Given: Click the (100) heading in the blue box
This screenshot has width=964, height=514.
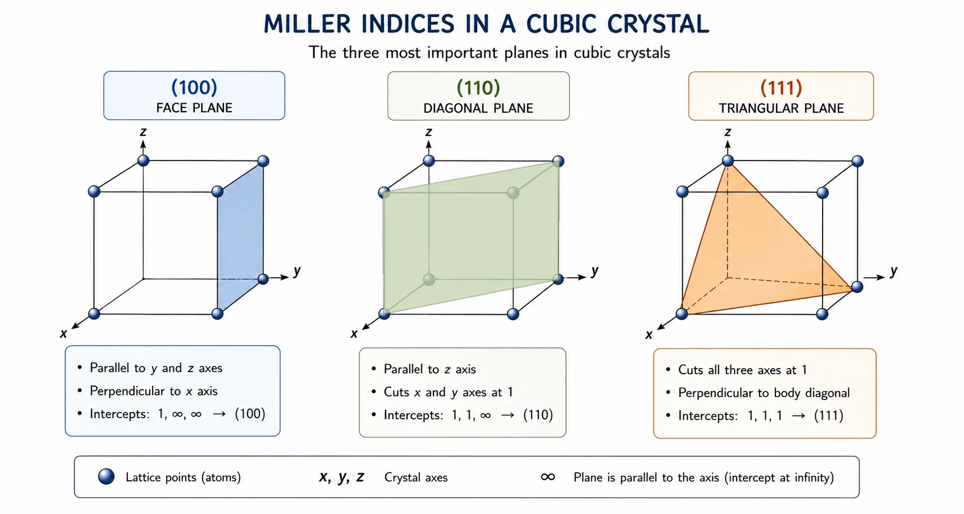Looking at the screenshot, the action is tap(194, 87).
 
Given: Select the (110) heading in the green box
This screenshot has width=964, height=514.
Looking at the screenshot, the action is tap(478, 87).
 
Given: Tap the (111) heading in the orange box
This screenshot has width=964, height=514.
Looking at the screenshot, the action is tap(781, 88).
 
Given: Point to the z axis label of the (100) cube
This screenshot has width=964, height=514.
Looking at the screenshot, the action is tap(143, 132).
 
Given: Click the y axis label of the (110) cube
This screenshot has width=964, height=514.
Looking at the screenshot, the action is tap(595, 272).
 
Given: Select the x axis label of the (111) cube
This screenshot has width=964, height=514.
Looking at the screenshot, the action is tap(649, 335).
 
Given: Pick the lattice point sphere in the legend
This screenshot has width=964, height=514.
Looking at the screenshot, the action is tap(106, 476).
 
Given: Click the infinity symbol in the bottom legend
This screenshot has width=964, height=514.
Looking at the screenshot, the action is tap(548, 477).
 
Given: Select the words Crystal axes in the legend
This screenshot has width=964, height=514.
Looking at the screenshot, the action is tap(416, 478).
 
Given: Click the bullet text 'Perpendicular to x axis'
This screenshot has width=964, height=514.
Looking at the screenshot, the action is tap(154, 391).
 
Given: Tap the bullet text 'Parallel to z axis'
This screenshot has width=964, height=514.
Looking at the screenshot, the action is tap(430, 369).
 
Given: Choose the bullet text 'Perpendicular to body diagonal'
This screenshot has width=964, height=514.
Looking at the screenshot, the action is tap(764, 393).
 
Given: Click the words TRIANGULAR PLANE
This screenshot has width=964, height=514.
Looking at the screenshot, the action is tap(781, 108).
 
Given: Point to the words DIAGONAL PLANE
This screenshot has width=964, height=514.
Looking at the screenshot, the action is tap(478, 108).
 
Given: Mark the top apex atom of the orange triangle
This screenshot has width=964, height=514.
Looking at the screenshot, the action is tap(728, 161).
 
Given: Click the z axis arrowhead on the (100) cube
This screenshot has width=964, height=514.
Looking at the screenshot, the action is tap(143, 144).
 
